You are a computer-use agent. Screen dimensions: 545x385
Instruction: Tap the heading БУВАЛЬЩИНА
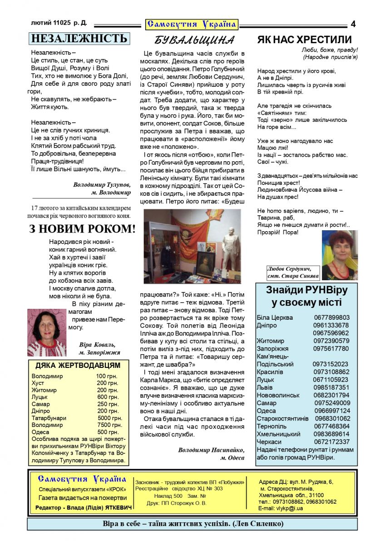click(x=194, y=40)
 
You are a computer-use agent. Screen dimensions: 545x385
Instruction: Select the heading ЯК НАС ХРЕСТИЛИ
click(x=304, y=40)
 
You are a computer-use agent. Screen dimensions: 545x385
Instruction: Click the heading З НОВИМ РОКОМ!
click(x=82, y=229)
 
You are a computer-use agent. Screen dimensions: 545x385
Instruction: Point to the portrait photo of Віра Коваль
click(x=47, y=332)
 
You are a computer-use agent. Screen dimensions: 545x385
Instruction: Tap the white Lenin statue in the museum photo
click(x=231, y=243)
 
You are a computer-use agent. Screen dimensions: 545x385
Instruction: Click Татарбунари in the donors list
click(x=49, y=418)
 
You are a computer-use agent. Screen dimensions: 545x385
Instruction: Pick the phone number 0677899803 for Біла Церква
click(x=332, y=317)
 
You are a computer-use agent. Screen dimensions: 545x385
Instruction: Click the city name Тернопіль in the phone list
click(x=271, y=426)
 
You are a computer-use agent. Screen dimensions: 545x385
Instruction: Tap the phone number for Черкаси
click(x=332, y=441)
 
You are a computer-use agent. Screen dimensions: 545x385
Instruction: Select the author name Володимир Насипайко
click(x=212, y=450)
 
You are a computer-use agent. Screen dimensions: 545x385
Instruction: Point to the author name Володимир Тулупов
click(x=102, y=185)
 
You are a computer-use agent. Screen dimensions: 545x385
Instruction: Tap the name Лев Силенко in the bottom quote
click(x=258, y=524)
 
